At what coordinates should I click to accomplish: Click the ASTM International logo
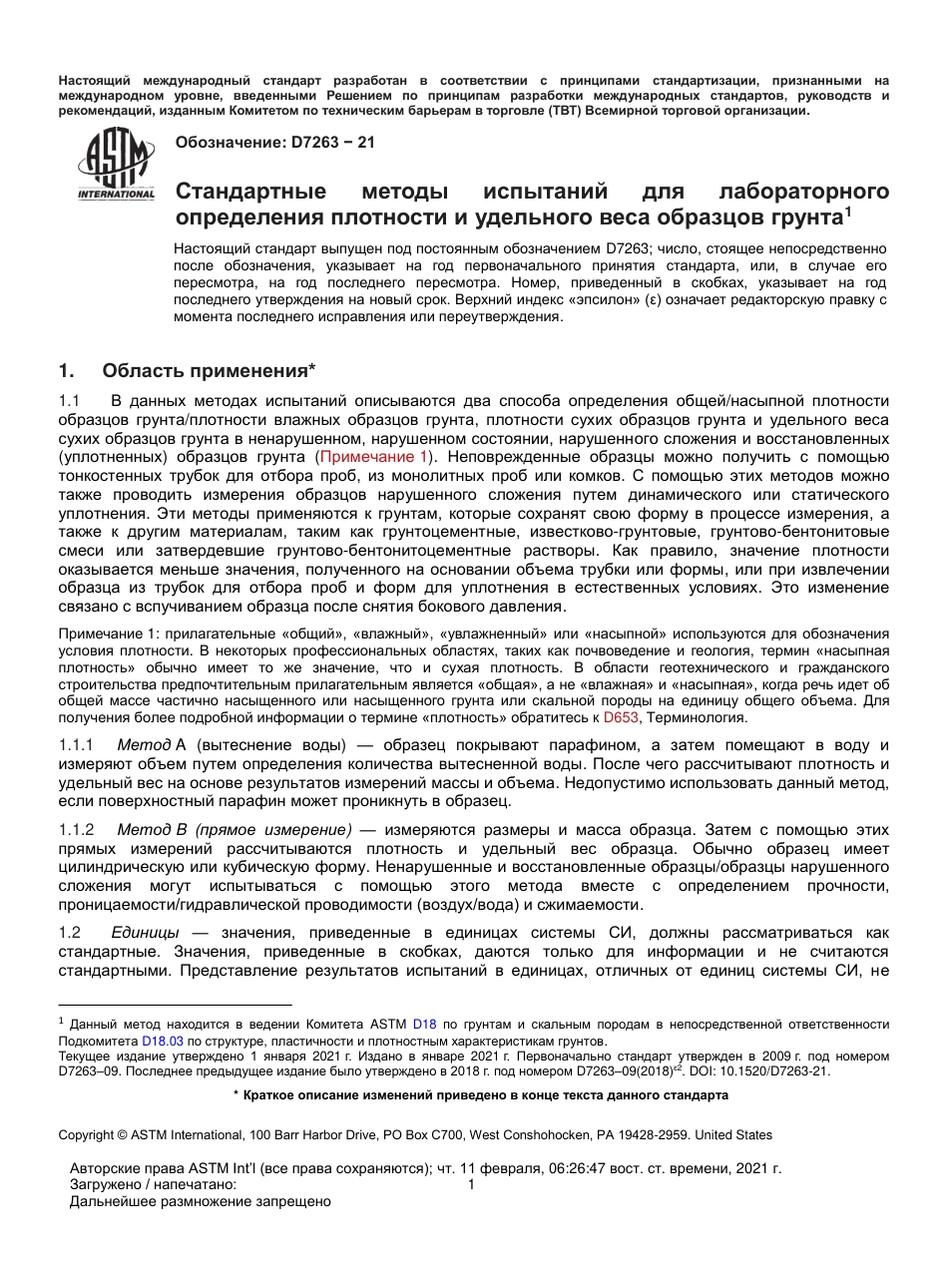click(x=117, y=166)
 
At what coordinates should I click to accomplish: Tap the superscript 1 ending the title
click(x=847, y=211)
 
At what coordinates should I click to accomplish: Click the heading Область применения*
click(x=209, y=371)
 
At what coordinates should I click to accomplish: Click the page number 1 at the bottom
click(x=472, y=1184)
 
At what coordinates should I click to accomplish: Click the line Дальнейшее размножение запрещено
click(x=200, y=1201)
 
